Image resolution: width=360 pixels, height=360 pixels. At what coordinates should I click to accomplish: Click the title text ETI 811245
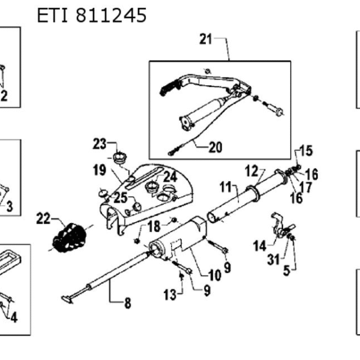[x=92, y=15]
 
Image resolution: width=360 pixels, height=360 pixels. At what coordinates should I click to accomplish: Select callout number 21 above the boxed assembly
[x=206, y=39]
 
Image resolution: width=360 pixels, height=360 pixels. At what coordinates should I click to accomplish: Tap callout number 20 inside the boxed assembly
[x=215, y=147]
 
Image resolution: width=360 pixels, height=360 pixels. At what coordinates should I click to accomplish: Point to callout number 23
[x=100, y=144]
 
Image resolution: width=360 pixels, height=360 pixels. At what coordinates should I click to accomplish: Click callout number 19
[x=100, y=170]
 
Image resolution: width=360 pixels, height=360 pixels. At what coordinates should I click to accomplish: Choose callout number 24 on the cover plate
[x=170, y=177]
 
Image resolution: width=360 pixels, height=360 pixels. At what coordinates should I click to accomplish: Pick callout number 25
[x=121, y=197]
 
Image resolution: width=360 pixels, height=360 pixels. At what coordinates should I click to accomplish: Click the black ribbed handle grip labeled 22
[x=70, y=238]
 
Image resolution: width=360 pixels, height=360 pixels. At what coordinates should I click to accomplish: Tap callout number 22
[x=43, y=218]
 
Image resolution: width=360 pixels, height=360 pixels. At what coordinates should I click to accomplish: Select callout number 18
[x=154, y=226]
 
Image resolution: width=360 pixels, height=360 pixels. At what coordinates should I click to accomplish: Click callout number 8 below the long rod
[x=128, y=303]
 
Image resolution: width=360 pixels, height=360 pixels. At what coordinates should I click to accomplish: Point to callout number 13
[x=170, y=295]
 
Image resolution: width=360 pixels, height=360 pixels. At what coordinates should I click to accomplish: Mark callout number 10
[x=215, y=275]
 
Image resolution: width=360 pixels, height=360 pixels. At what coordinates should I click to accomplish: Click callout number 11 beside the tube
[x=226, y=187]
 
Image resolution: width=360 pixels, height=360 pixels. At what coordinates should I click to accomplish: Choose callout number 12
[x=251, y=171]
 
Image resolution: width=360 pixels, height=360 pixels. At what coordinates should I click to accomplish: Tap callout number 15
[x=307, y=151]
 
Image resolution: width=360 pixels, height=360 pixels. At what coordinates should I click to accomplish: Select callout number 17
[x=306, y=187]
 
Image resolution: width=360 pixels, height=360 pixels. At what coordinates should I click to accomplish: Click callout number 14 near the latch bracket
[x=260, y=246]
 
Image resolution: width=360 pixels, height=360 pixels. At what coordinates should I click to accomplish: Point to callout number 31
[x=274, y=260]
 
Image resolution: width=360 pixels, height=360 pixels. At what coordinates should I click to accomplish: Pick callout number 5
[x=287, y=271]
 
